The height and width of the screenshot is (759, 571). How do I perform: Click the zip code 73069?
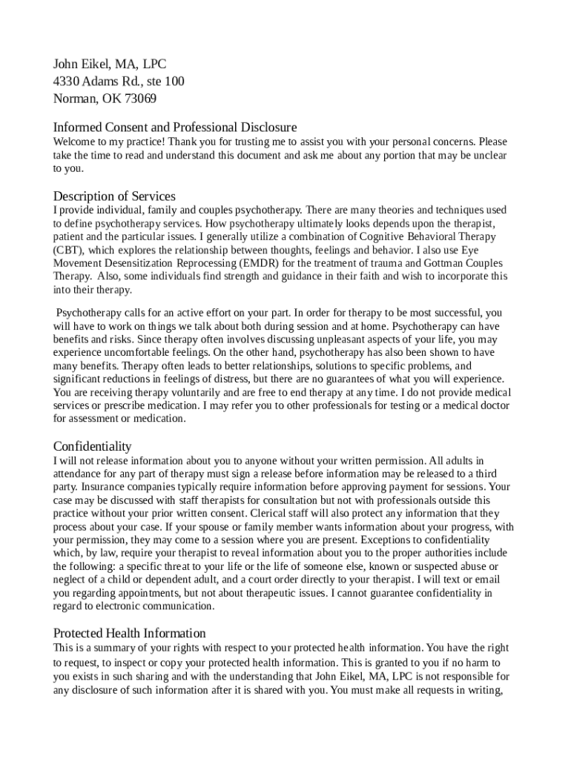point(140,99)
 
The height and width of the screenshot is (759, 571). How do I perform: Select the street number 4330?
point(67,82)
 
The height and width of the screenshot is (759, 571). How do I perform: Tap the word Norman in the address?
point(71,99)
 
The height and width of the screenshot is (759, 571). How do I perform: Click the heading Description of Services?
point(114,196)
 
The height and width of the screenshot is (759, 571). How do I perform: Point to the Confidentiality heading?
point(93,446)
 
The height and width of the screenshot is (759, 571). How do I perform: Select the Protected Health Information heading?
point(130,633)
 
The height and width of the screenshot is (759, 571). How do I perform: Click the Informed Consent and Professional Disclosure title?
point(175,127)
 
